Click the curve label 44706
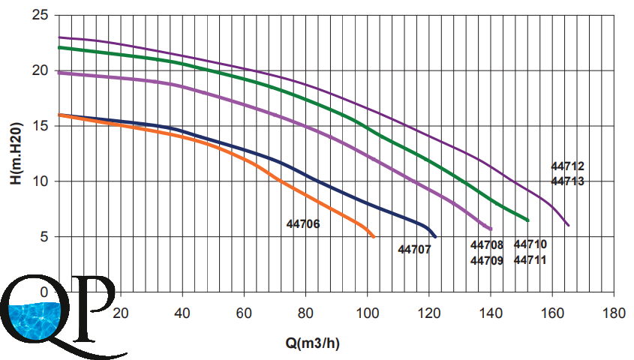pyautogui.click(x=303, y=223)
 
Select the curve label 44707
pyautogui.click(x=414, y=249)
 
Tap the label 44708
pyautogui.click(x=487, y=245)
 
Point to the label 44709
pyautogui.click(x=487, y=261)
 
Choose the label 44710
pyautogui.click(x=530, y=244)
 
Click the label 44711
pyautogui.click(x=530, y=260)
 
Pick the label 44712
pyautogui.click(x=567, y=166)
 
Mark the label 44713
pyautogui.click(x=567, y=181)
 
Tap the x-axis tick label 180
pyautogui.click(x=613, y=311)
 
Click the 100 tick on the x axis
pyautogui.click(x=366, y=311)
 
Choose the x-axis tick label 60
pyautogui.click(x=244, y=311)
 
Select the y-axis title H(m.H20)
pyautogui.click(x=17, y=153)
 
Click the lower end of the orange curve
pyautogui.click(x=373, y=236)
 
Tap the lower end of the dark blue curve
pyautogui.click(x=434, y=236)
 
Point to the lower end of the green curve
pyautogui.click(x=528, y=220)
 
